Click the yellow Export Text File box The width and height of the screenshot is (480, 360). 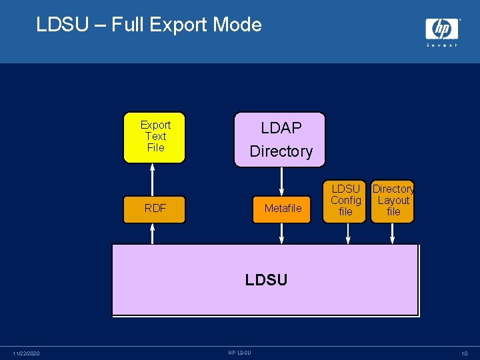[x=155, y=138]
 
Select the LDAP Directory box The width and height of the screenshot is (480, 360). [x=281, y=139]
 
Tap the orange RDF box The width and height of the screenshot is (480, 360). [x=155, y=209]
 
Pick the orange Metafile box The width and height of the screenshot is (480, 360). [x=283, y=209]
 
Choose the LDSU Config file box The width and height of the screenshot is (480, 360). [x=346, y=201]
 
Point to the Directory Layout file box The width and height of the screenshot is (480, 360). [x=393, y=201]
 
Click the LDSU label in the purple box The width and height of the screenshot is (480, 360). [x=266, y=280]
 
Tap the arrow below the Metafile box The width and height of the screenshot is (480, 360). [x=282, y=233]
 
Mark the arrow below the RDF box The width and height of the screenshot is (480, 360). [x=153, y=233]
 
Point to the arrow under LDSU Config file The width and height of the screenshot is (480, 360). [x=346, y=233]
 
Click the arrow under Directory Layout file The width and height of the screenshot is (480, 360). [x=393, y=233]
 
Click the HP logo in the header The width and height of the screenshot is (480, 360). [x=442, y=29]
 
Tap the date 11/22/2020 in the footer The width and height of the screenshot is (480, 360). [x=26, y=353]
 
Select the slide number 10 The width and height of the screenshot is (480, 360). [x=464, y=353]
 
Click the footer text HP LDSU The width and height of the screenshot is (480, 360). [x=239, y=353]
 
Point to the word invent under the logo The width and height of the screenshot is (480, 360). [x=442, y=45]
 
